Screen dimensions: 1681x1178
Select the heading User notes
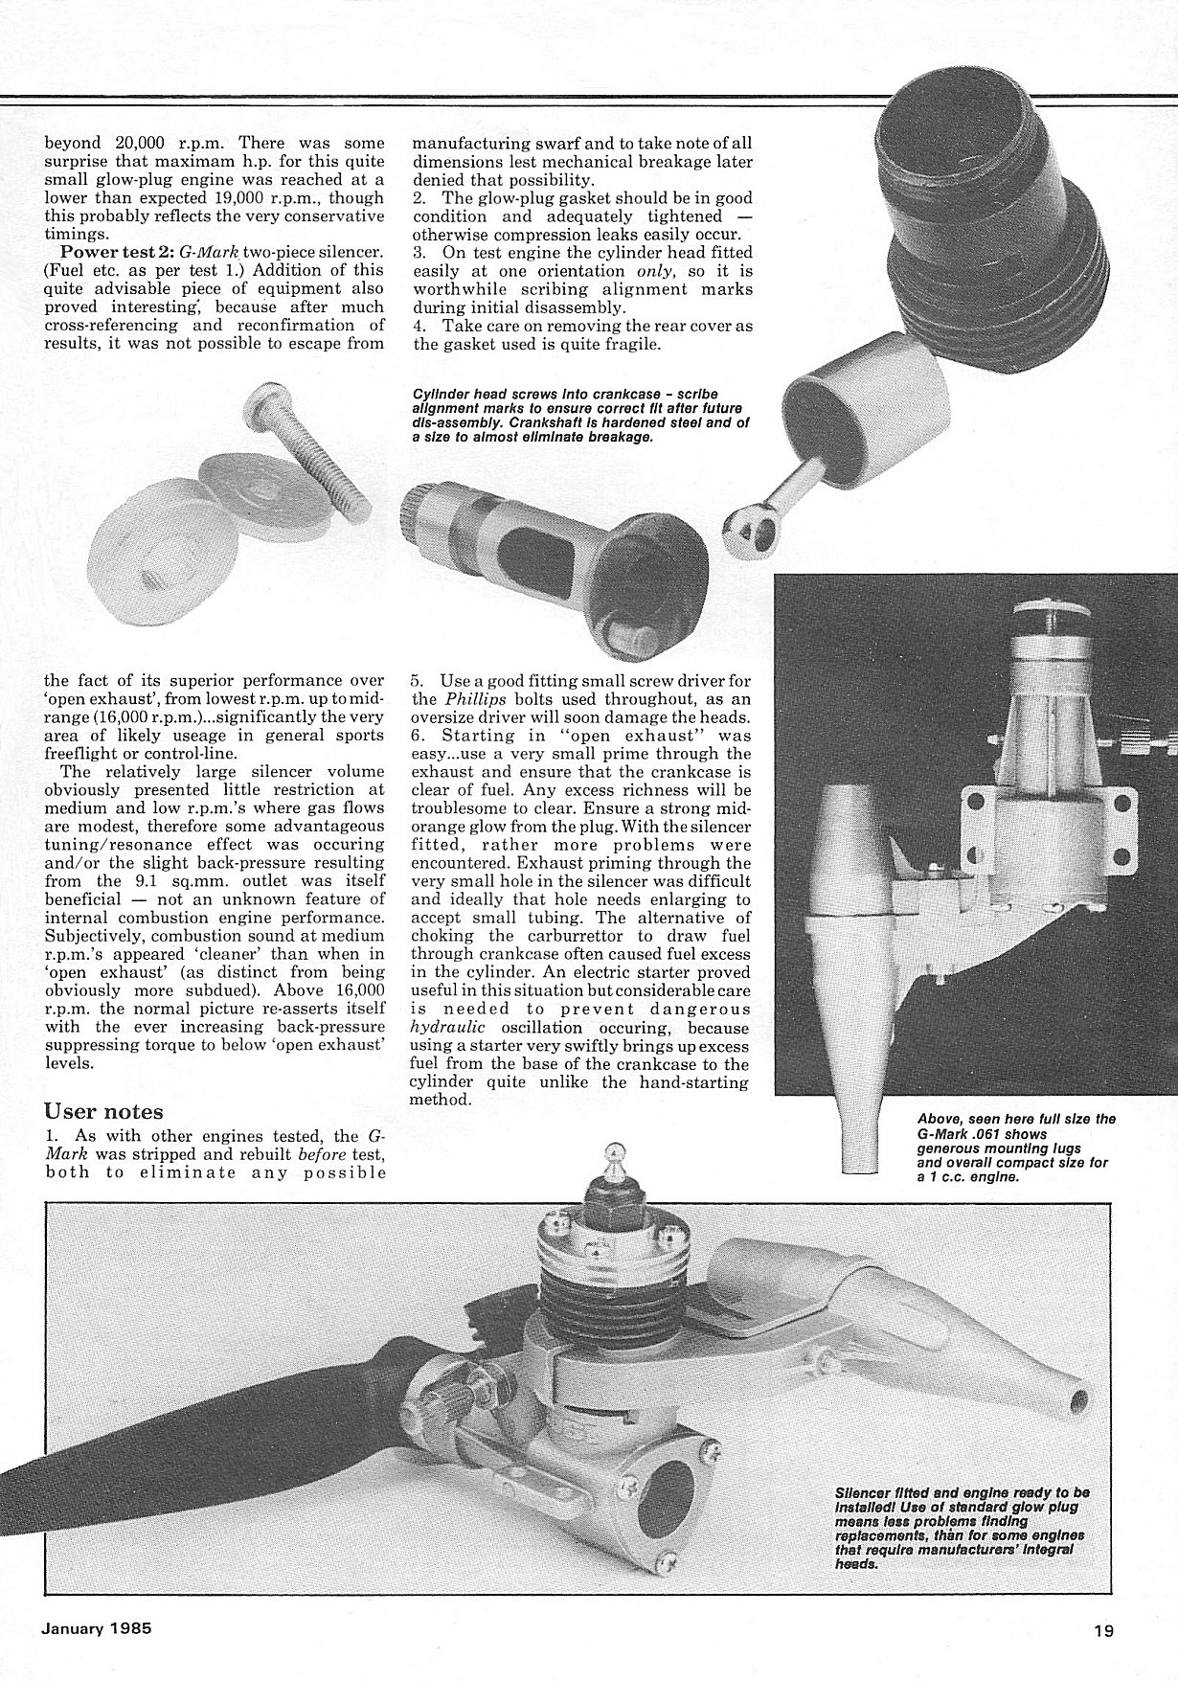click(103, 1112)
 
